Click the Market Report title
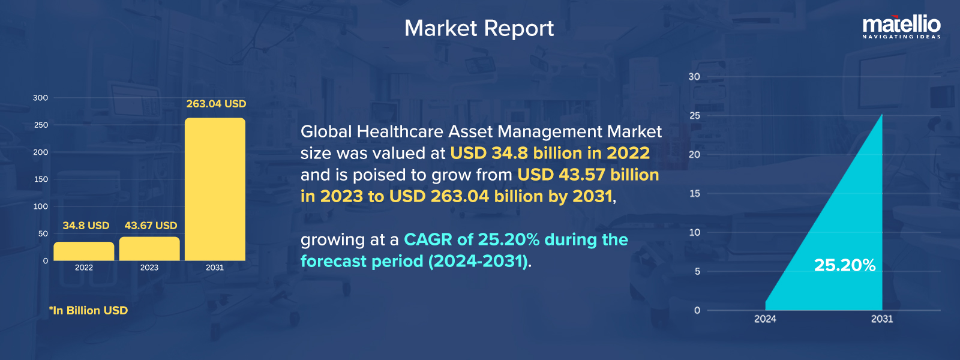[479, 28]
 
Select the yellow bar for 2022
[84, 251]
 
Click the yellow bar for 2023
[149, 248]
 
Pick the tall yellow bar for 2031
[215, 190]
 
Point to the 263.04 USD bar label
[217, 104]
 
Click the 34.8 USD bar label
[86, 226]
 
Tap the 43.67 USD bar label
[151, 226]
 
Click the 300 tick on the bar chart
[40, 98]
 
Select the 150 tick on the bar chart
[41, 179]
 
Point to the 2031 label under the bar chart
[215, 268]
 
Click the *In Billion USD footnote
[88, 310]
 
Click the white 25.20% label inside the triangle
[845, 265]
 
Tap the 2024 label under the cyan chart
[765, 319]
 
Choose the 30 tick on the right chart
[694, 77]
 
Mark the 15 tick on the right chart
[695, 193]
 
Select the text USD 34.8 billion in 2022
[550, 153]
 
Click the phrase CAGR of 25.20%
[472, 239]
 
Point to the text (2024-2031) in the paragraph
[478, 261]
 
